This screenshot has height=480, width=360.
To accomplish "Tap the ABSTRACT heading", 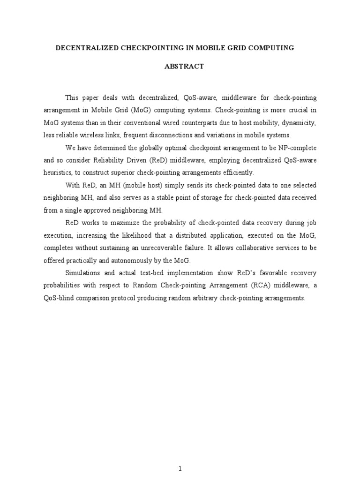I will tap(184, 67).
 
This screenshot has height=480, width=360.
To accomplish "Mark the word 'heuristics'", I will tap(60, 172).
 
